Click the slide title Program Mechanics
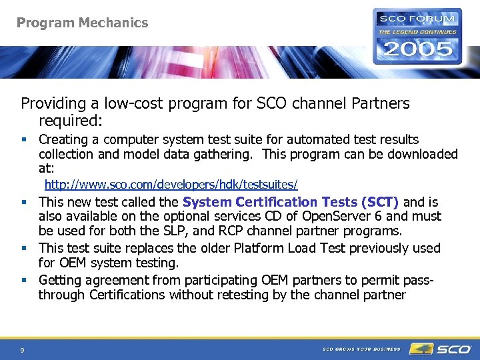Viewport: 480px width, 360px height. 82,23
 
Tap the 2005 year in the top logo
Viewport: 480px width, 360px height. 417,49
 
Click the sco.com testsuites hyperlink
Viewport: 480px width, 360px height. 171,184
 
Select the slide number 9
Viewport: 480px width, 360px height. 23,350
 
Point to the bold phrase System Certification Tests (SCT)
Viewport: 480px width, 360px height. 290,202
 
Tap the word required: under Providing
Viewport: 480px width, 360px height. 70,121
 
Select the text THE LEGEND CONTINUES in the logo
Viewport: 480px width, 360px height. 417,31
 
